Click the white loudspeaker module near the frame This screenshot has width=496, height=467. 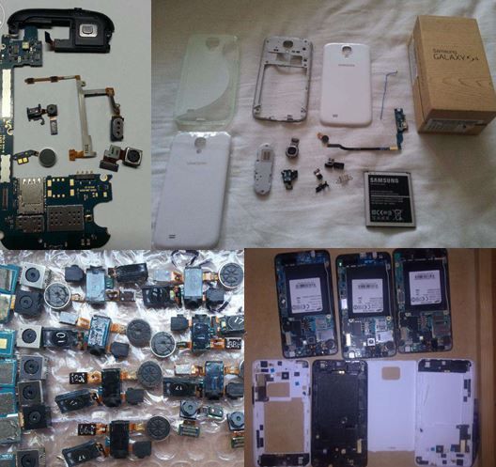point(263,168)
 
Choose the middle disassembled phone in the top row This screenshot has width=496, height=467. point(366,301)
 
